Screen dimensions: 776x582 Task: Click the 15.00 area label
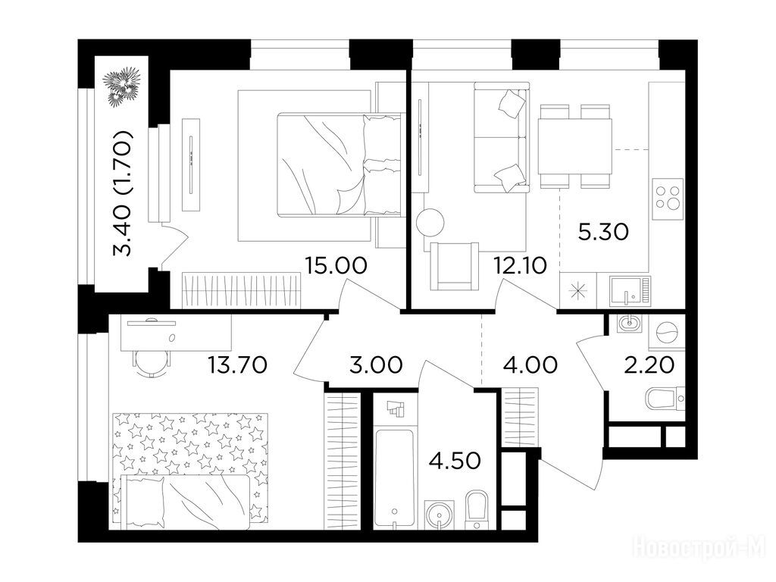[336, 265]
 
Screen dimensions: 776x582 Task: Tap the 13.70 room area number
[237, 365]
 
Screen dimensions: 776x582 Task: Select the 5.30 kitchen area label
[603, 231]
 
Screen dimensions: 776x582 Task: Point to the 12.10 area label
[520, 266]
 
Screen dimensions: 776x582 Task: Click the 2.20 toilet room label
[649, 365]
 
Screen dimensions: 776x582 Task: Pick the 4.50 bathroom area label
[455, 461]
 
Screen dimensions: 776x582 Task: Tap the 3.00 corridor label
[376, 365]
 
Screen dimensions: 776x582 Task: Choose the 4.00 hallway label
[530, 365]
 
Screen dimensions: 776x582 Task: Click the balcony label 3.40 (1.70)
[122, 193]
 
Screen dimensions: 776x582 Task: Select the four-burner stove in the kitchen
[668, 199]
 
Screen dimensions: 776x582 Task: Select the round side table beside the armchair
[430, 222]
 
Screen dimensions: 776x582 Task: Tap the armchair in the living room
[455, 266]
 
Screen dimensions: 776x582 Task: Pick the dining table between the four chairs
[575, 146]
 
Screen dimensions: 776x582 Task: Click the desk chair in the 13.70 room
[152, 363]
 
